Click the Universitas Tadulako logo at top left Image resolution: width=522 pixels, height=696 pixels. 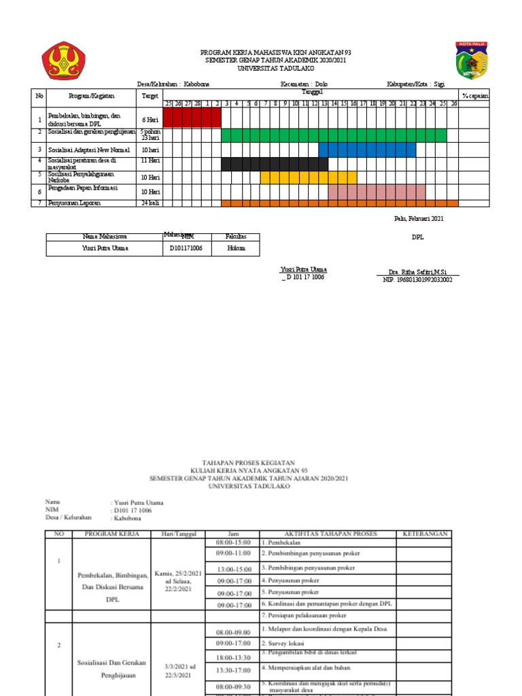click(x=64, y=60)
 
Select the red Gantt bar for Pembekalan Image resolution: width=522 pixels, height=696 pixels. click(x=192, y=118)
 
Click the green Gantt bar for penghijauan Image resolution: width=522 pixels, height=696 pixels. click(x=333, y=135)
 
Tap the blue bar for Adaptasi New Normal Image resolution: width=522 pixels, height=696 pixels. click(x=367, y=150)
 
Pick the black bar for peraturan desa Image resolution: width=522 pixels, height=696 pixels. click(x=275, y=164)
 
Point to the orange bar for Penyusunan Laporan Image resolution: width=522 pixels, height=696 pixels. click(x=339, y=203)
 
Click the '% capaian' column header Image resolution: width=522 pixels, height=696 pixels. click(x=474, y=96)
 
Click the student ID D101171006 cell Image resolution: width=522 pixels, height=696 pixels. click(x=186, y=249)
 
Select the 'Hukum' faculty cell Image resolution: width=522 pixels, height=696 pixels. click(x=237, y=249)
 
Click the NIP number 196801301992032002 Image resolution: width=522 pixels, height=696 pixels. click(x=418, y=279)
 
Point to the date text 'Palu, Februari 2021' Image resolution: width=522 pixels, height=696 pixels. click(x=419, y=218)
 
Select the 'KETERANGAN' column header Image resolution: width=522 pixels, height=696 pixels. click(x=426, y=534)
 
